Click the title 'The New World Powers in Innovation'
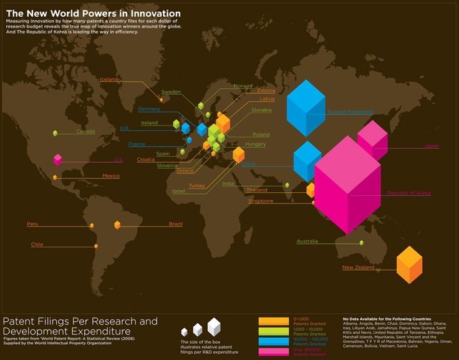93,13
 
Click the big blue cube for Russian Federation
306,107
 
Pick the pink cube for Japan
372,139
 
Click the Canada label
85,132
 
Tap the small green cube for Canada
55,133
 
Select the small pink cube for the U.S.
57,159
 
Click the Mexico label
110,176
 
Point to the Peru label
32,223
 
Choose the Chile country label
37,245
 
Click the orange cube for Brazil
117,225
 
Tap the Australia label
307,241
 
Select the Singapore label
261,201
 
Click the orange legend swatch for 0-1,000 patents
273,321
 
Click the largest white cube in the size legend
214,326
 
